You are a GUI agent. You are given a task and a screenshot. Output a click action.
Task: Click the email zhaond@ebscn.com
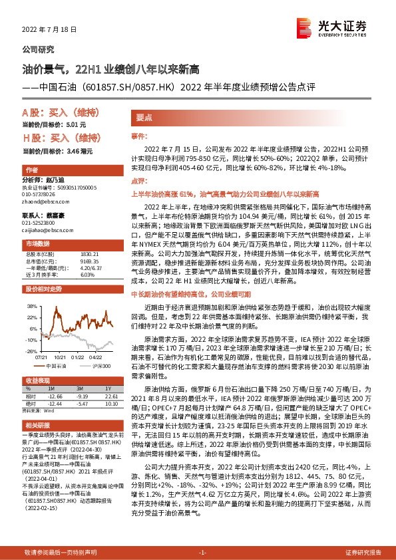pos(45,202)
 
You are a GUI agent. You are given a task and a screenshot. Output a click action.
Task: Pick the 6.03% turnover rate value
pos(87,274)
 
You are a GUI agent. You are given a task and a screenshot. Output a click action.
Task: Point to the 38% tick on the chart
pos(31,307)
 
